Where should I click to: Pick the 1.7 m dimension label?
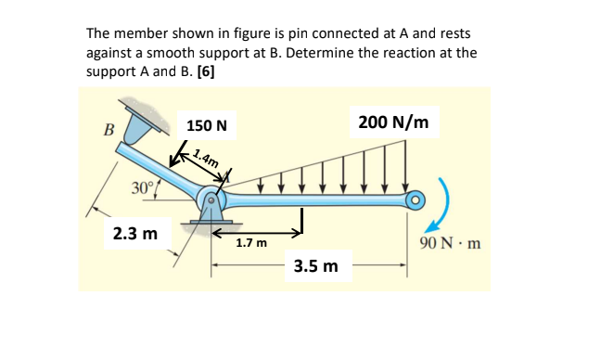[250, 244]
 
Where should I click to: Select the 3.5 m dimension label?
[316, 267]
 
